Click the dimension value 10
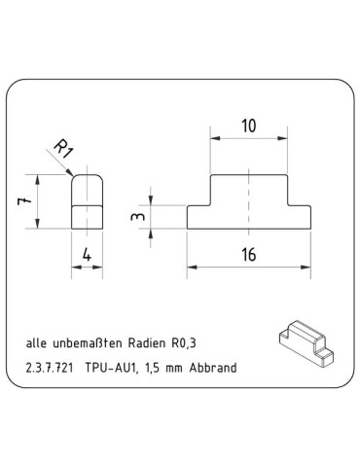[249, 126]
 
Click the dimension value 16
[250, 255]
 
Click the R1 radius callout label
[62, 150]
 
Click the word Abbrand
[214, 369]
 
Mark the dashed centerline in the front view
[250, 202]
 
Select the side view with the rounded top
[88, 201]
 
